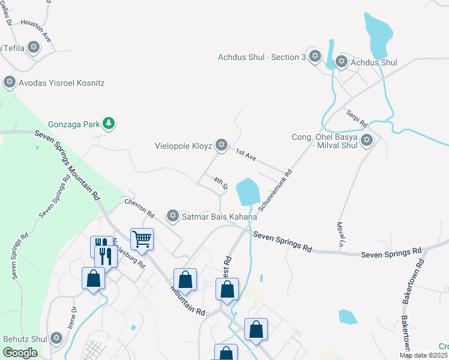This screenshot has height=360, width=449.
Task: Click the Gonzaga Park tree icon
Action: tap(108, 124)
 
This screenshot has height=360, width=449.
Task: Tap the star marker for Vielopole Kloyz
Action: tap(221, 145)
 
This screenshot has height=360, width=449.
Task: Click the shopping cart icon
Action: tap(142, 239)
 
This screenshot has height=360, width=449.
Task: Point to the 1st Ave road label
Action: tap(246, 155)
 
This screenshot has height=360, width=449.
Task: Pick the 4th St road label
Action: tap(221, 182)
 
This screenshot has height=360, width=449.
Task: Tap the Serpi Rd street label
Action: tap(357, 118)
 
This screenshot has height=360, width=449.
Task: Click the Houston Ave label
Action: tap(36, 31)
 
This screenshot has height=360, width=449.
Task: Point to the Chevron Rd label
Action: tap(139, 208)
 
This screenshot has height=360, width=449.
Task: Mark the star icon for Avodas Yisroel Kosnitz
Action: tap(9, 82)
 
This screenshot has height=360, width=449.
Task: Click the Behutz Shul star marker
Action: tap(57, 338)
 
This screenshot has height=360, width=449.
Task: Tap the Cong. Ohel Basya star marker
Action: tap(366, 141)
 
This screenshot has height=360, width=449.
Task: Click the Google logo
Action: tap(20, 353)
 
